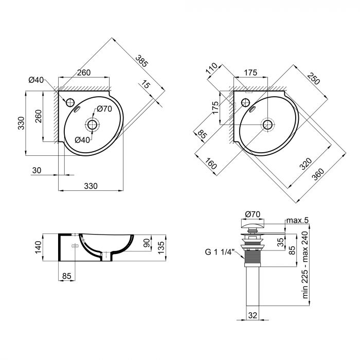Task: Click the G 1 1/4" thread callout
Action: [219, 252]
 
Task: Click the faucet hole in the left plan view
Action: [70, 101]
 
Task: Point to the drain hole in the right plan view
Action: [267, 124]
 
